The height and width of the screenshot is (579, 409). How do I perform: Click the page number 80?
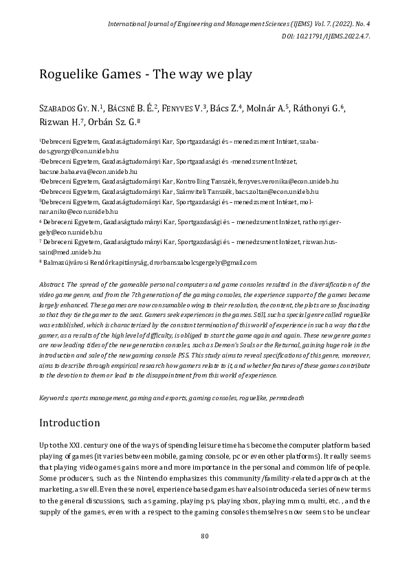(x=204, y=555)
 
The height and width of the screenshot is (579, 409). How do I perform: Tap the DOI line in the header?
(x=327, y=37)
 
